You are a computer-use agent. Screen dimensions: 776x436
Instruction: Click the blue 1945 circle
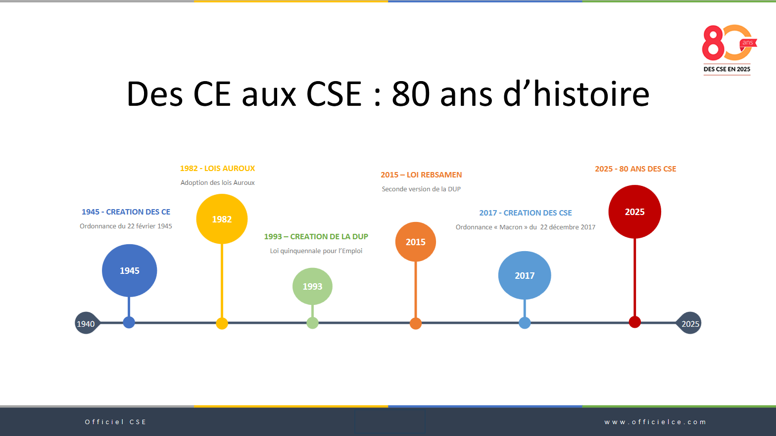129,270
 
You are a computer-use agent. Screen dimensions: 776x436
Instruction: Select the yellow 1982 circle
222,219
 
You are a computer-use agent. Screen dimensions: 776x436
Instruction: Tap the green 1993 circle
312,287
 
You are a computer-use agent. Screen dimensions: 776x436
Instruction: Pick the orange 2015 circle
416,242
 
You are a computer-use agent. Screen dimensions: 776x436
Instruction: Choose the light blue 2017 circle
525,275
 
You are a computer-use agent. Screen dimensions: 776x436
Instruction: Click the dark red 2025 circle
634,212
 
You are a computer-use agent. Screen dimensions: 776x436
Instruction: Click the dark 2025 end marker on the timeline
689,323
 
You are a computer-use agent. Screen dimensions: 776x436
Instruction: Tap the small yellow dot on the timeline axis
222,323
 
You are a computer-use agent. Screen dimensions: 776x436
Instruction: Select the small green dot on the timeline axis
312,323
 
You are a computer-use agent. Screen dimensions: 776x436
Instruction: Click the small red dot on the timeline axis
634,322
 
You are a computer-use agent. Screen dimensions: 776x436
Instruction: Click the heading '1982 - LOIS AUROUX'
218,169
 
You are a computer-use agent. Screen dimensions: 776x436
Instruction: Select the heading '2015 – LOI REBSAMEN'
421,175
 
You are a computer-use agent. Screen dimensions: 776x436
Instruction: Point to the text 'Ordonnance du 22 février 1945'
126,226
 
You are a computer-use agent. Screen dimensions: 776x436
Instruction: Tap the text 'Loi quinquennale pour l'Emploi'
316,251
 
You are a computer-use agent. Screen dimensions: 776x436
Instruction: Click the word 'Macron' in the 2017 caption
511,227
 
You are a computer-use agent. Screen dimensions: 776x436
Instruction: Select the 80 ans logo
729,49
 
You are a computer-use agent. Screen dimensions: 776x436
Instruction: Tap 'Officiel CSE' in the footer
116,422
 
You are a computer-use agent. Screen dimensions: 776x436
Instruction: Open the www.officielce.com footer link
655,422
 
